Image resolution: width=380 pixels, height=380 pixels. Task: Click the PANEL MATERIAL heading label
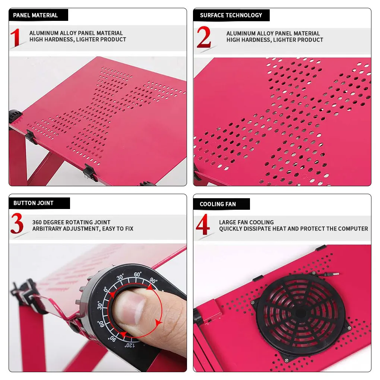tap(35, 15)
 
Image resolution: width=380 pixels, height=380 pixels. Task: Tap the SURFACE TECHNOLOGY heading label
tap(231, 15)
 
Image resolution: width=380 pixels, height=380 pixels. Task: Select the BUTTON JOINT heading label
tap(34, 203)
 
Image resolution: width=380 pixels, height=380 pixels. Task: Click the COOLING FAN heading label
tap(218, 204)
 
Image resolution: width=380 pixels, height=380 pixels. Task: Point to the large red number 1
tap(15, 37)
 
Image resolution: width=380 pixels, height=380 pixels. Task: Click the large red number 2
tap(203, 37)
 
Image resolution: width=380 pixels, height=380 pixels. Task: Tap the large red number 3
tap(17, 223)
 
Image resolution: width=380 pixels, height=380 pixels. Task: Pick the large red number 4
tap(203, 224)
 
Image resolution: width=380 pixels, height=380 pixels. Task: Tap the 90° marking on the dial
tap(153, 281)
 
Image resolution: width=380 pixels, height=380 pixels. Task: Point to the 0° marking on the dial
tap(106, 289)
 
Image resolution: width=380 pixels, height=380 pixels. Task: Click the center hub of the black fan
tap(301, 313)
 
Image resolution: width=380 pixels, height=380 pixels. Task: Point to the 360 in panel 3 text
tap(37, 222)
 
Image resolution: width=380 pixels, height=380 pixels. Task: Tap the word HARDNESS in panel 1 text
tap(58, 39)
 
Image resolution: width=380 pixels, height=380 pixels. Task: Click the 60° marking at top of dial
tap(137, 274)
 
